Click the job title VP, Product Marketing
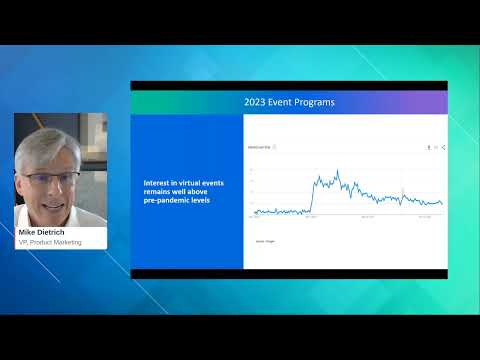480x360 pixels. click(x=50, y=242)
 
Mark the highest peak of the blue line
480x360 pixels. click(x=338, y=172)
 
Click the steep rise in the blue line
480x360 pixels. click(x=314, y=195)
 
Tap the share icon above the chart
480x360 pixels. click(x=443, y=146)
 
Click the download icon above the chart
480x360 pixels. click(x=427, y=146)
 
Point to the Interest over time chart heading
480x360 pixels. click(x=262, y=146)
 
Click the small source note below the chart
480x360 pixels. click(x=264, y=241)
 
